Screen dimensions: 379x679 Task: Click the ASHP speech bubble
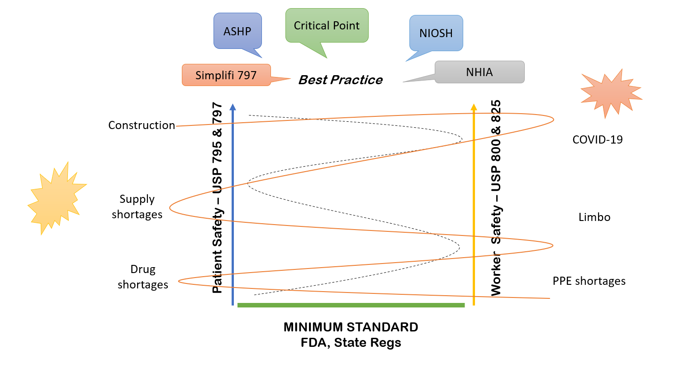click(x=237, y=31)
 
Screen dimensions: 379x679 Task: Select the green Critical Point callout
click(x=327, y=26)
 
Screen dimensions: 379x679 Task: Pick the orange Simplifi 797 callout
click(x=226, y=75)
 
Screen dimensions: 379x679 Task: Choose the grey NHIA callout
click(x=480, y=72)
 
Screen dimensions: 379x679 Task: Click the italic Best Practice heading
click(x=341, y=80)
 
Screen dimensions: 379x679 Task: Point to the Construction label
click(x=142, y=125)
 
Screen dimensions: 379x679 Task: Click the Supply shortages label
click(x=137, y=206)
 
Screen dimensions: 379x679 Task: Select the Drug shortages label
click(x=143, y=277)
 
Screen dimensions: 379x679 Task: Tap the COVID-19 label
click(x=598, y=139)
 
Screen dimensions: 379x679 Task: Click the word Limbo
click(x=594, y=217)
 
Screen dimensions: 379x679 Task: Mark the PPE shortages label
click(x=589, y=281)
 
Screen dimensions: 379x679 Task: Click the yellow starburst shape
click(x=56, y=198)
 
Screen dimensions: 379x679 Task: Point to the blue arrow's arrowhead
click(x=233, y=107)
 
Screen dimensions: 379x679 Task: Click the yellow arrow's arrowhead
click(x=474, y=107)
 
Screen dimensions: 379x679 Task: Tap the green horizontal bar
click(x=351, y=305)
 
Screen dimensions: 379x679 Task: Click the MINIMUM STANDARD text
click(x=351, y=327)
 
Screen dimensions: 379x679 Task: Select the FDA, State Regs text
click(x=351, y=343)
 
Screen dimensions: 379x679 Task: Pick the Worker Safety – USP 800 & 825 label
click(x=496, y=198)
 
